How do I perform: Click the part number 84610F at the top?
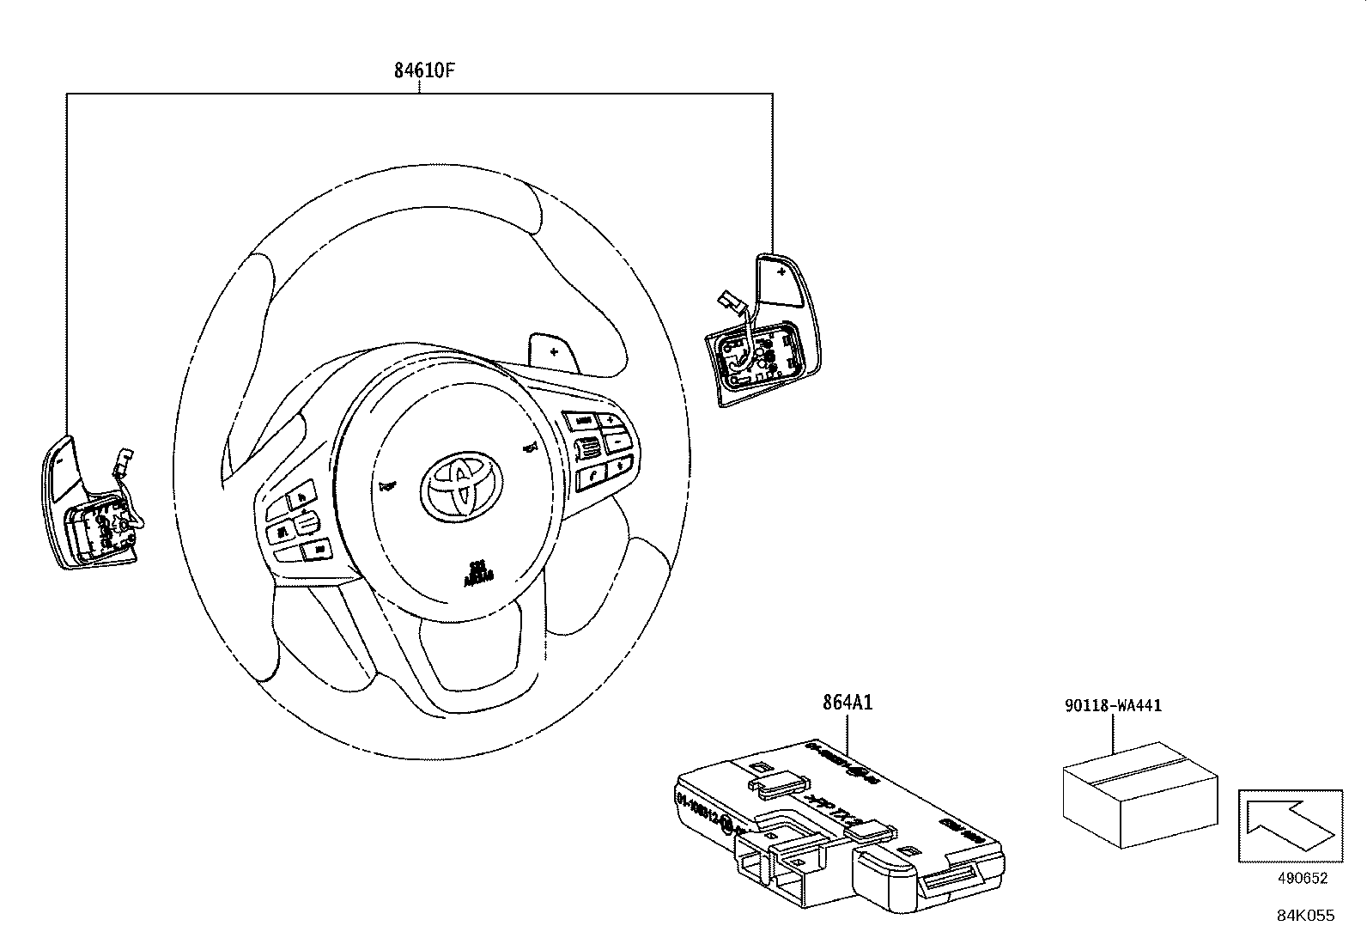click(x=423, y=70)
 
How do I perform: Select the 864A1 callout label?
click(x=847, y=703)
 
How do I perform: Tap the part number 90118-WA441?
click(x=1112, y=706)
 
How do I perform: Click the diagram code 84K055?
click(x=1304, y=916)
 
